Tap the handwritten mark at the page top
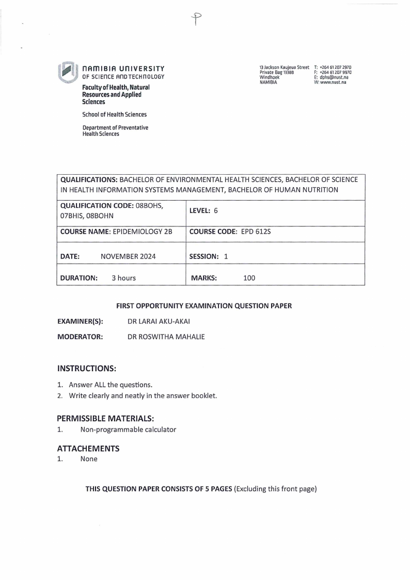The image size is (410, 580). coord(196,19)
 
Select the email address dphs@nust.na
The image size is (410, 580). coord(335,78)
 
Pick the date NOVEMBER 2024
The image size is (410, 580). coord(128,256)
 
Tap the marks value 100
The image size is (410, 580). coord(249,278)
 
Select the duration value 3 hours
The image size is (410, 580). coord(123,278)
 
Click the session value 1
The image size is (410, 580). coord(226,256)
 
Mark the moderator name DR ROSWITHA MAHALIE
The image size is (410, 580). coord(166,337)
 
